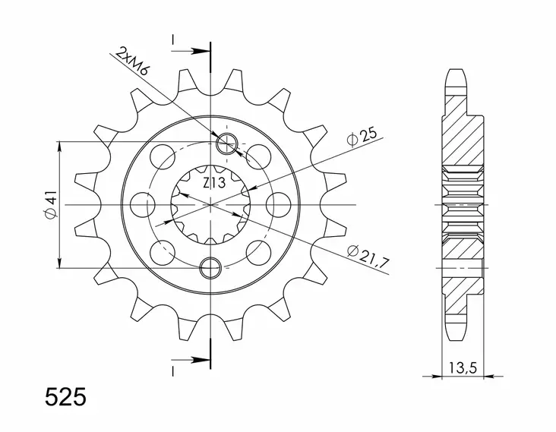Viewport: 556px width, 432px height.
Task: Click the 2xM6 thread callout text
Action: coord(130,64)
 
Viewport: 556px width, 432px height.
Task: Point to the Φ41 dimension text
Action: coord(49,206)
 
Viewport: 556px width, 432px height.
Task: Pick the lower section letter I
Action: coord(174,371)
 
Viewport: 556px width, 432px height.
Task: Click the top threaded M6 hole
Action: coord(227,144)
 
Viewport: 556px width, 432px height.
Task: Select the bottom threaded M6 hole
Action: coord(210,265)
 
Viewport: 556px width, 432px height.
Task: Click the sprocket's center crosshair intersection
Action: coord(210,205)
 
